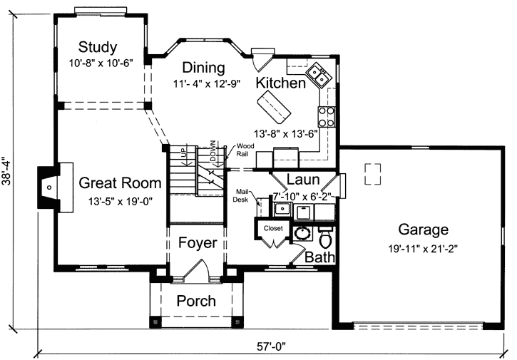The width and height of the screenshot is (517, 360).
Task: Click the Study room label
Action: pyautogui.click(x=98, y=48)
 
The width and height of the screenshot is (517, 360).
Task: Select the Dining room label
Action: pyautogui.click(x=203, y=68)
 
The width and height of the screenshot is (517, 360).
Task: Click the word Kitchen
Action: pyautogui.click(x=281, y=83)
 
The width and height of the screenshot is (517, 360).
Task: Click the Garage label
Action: pyautogui.click(x=423, y=230)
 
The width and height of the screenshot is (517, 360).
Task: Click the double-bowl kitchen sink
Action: pyautogui.click(x=316, y=73)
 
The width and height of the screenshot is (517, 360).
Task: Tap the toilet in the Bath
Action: pyautogui.click(x=326, y=237)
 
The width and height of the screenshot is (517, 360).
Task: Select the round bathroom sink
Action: pyautogui.click(x=302, y=233)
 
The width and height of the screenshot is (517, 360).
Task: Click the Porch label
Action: pyautogui.click(x=196, y=301)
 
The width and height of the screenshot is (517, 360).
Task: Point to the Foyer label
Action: pyautogui.click(x=198, y=243)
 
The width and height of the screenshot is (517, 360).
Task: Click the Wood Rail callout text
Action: pyautogui.click(x=246, y=150)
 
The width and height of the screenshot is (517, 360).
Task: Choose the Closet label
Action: pyautogui.click(x=273, y=228)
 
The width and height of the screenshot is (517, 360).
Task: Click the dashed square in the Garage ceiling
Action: pyautogui.click(x=372, y=173)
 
